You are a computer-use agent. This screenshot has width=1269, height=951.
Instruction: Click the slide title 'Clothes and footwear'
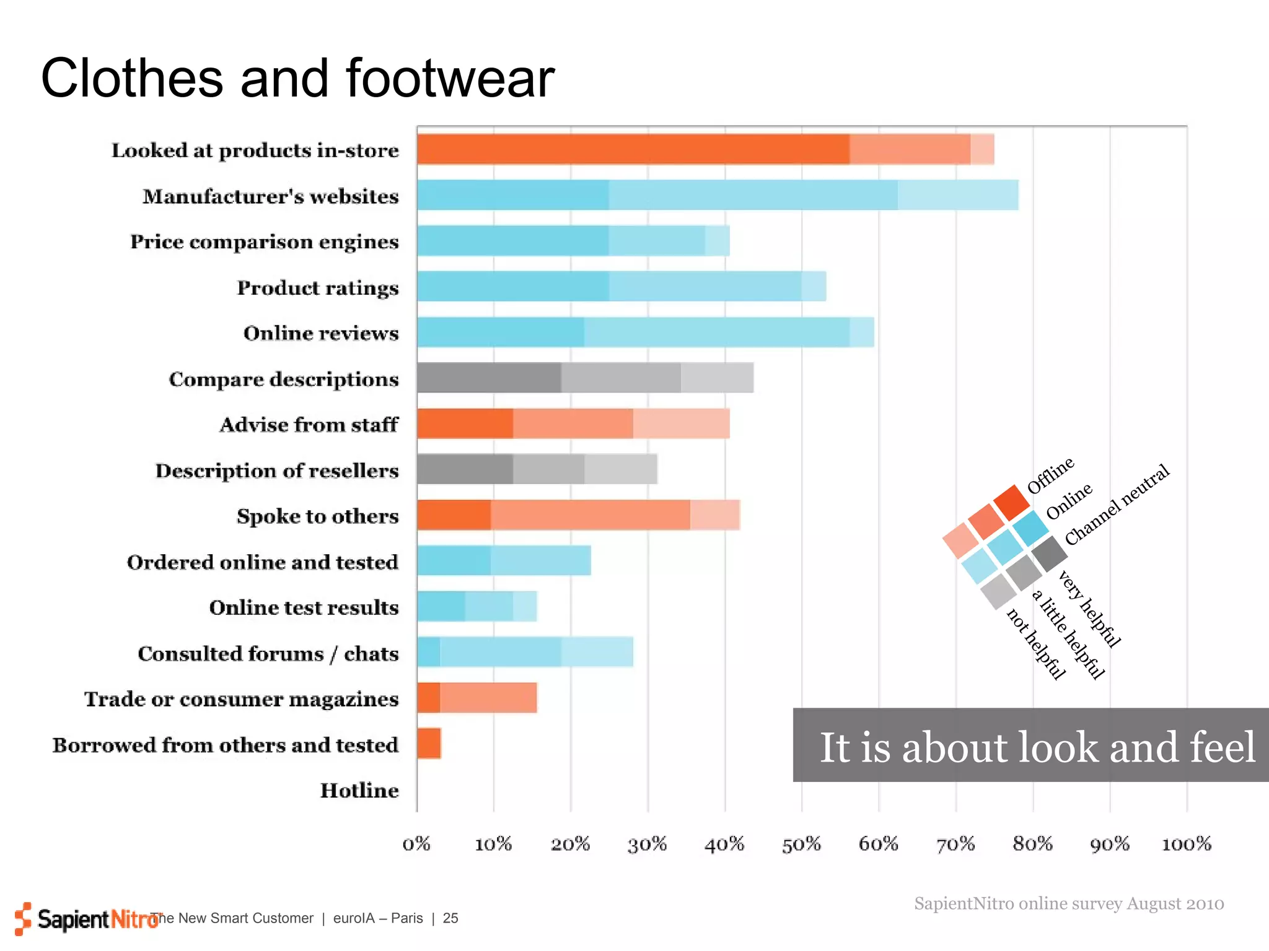297,79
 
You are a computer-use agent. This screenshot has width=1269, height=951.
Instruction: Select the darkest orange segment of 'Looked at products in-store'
632,149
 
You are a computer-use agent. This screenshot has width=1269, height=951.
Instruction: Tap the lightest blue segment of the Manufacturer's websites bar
957,195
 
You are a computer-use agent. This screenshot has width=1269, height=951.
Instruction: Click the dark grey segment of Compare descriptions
489,378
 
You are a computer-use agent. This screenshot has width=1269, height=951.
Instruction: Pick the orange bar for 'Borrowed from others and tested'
429,743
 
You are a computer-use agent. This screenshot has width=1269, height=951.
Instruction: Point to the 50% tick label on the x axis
801,844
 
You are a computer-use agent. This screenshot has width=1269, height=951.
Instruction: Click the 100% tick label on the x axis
1186,844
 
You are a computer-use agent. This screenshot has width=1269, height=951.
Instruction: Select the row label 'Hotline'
359,791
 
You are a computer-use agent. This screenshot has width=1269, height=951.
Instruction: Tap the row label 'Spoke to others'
317,516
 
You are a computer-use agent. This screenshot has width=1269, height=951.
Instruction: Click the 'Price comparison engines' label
264,241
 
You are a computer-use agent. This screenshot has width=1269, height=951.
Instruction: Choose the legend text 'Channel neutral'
1117,505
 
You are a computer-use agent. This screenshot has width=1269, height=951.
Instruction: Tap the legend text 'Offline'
1051,475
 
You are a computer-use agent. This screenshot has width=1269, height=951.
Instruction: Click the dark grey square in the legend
1049,554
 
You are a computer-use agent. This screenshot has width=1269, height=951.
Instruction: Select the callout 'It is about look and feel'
1036,746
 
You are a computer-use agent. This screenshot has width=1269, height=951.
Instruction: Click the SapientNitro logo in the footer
87,919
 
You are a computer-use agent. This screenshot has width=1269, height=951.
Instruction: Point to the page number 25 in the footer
450,918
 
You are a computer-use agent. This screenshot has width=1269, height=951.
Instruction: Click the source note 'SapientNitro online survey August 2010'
1069,904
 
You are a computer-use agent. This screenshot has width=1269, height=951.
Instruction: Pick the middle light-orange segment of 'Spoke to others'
591,515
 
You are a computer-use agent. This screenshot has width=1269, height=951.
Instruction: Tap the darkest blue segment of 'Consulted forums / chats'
428,652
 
